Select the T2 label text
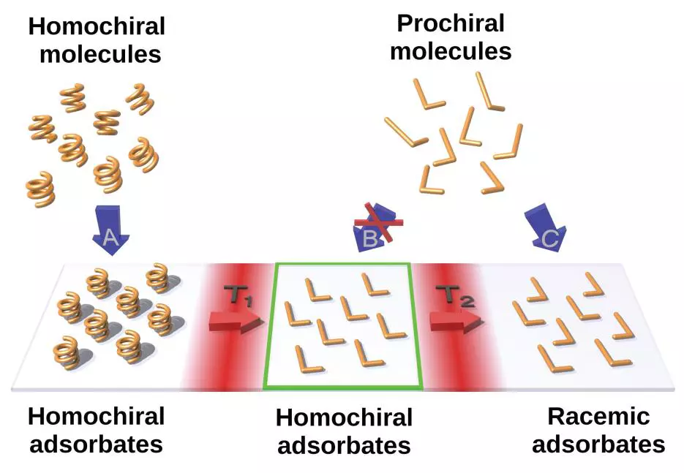(x=453, y=295)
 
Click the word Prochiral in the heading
(x=450, y=23)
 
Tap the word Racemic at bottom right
(x=598, y=417)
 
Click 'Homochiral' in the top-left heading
(x=97, y=27)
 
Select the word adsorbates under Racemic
(x=598, y=444)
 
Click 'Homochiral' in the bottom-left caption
(x=96, y=417)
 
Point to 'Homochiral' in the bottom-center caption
(x=344, y=418)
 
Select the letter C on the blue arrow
(x=549, y=237)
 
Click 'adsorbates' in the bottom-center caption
(x=343, y=445)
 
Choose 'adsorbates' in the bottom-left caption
(x=96, y=444)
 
